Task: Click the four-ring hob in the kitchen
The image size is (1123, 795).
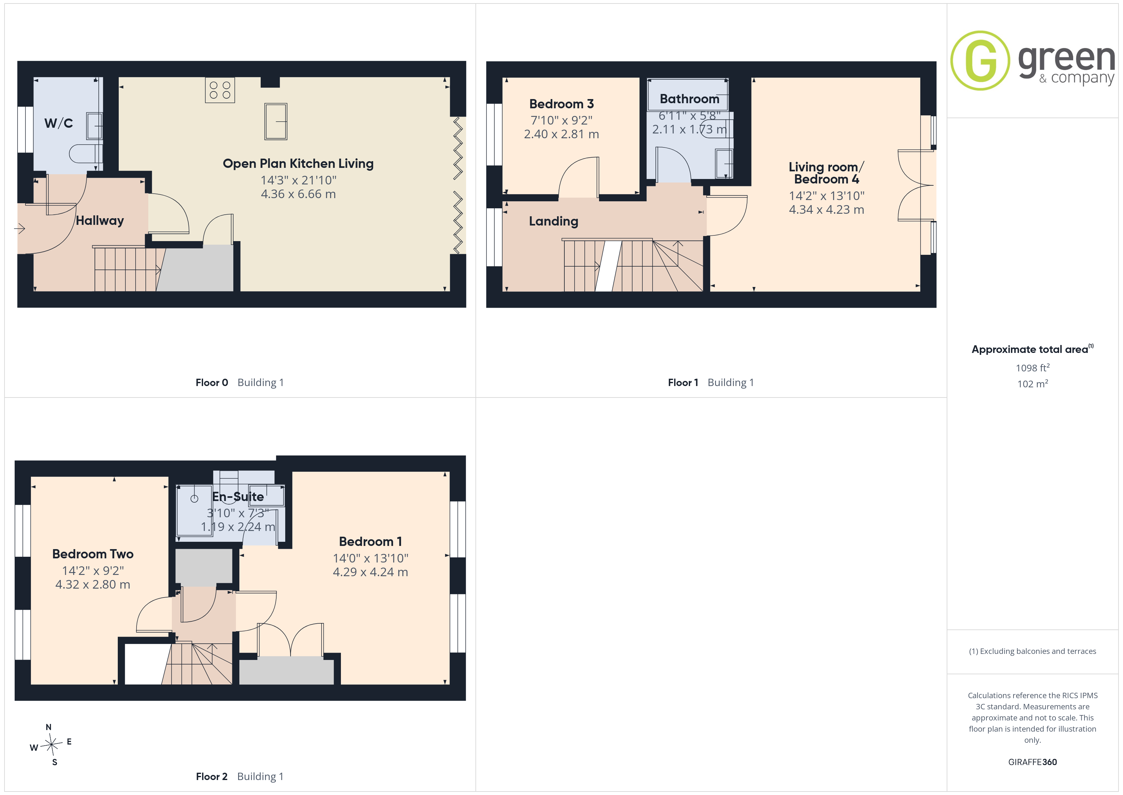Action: coord(220,90)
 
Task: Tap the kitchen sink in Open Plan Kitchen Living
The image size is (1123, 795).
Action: coord(276,121)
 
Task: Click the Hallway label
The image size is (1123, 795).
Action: coord(100,221)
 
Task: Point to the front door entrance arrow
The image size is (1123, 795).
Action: coord(19,228)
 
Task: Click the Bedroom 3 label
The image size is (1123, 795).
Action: coord(561,104)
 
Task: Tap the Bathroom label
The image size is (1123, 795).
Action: coord(690,99)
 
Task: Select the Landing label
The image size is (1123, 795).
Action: coord(554,221)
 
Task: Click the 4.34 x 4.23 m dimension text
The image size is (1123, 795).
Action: coord(827,210)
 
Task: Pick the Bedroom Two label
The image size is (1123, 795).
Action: coord(93,554)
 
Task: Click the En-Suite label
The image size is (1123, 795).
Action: coord(238,497)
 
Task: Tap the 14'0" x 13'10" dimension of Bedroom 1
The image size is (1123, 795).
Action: coord(371,558)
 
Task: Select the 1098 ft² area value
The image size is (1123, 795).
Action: coord(1033,368)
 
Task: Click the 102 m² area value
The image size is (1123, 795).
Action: coord(1033,384)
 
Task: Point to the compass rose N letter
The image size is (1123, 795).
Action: coord(48,727)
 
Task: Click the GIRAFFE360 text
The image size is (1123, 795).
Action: coord(1033,762)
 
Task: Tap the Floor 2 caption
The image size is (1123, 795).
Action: coord(212,777)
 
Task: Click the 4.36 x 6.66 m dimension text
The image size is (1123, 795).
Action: coord(298,194)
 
